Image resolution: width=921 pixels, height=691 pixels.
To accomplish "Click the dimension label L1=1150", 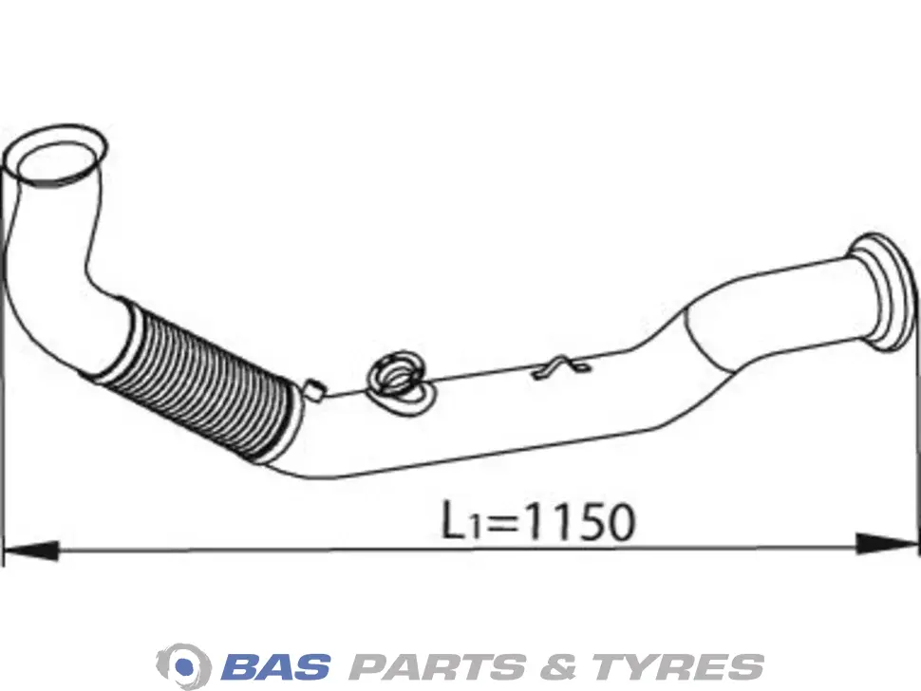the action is click(x=538, y=521).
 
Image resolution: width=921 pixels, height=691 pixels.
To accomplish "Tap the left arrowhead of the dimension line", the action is click(x=30, y=551).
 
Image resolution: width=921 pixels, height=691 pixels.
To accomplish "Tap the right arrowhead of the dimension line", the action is click(x=886, y=543).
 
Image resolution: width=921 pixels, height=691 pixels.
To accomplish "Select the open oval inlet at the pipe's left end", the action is click(x=56, y=156).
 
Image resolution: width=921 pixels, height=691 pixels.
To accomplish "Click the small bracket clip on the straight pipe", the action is click(x=560, y=367).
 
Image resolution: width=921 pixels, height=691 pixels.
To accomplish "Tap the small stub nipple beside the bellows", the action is click(x=314, y=389).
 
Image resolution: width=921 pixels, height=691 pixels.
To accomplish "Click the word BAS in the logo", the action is click(x=275, y=667).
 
